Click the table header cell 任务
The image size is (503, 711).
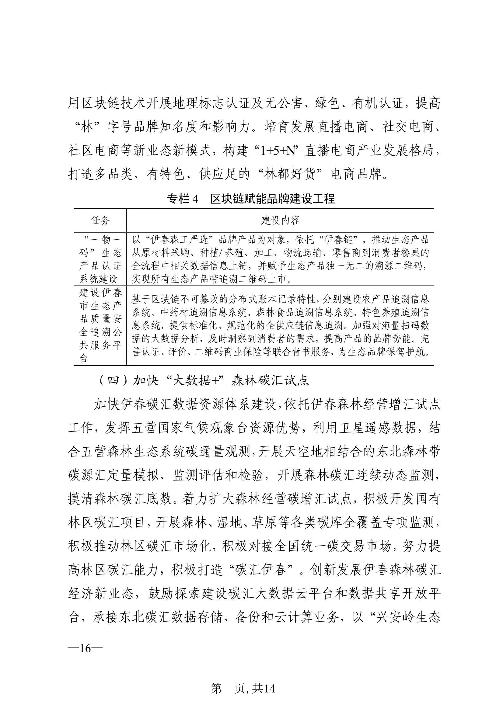pos(100,220)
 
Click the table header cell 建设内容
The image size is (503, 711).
pos(280,220)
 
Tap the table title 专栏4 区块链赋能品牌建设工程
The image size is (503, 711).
pos(251,199)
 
